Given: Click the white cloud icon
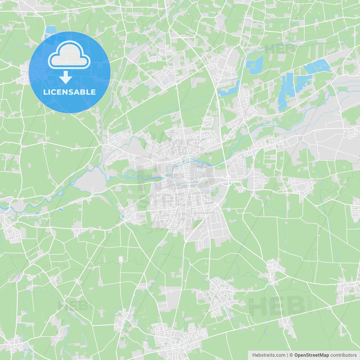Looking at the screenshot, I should click(x=69, y=55).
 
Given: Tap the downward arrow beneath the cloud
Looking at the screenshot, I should click(x=66, y=77).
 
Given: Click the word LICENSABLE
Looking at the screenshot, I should click(x=69, y=92).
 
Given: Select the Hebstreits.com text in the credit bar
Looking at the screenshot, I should click(x=269, y=355).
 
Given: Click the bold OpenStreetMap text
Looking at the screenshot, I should click(x=311, y=355).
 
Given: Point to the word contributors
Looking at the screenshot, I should click(x=343, y=355).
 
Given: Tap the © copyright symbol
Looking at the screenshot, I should click(x=291, y=355).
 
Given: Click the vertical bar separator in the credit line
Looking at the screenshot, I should click(x=287, y=355).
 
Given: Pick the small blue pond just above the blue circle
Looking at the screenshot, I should click(x=51, y=29).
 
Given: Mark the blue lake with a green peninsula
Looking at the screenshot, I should click(x=255, y=64).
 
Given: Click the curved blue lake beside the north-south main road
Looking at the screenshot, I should click(x=229, y=90).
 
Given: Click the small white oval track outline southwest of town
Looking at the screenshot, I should click(x=121, y=259).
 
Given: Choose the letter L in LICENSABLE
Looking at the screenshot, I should click(x=45, y=92).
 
